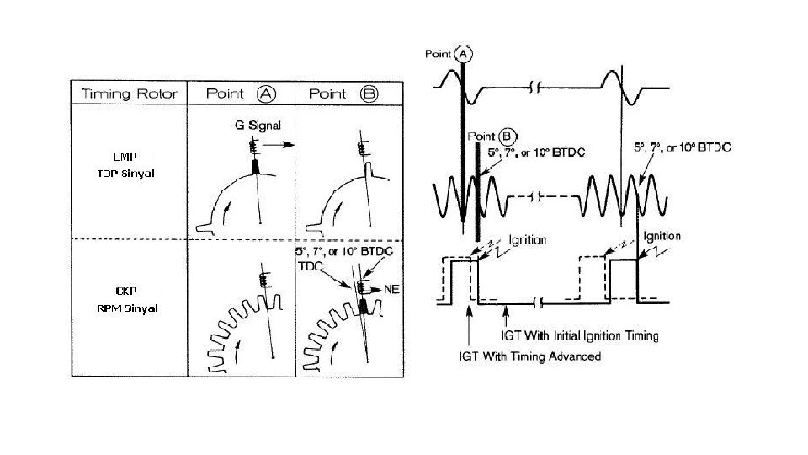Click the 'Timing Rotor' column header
tap(130, 94)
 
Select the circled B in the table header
tap(369, 94)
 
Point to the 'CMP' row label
tap(125, 157)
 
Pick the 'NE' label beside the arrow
tap(390, 289)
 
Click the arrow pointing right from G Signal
tap(283, 145)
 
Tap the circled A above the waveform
tap(463, 53)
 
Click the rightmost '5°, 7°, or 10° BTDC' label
tap(682, 147)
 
